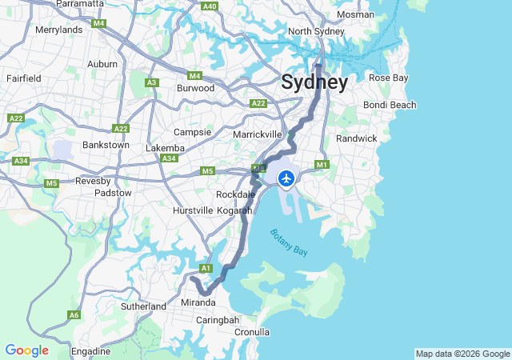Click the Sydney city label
pos(314,83)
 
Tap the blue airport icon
pos(286,178)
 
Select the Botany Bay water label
pos(289,242)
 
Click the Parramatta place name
pos(81,4)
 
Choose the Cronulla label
pos(252,332)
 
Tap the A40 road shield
pos(210,6)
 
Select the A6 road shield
pos(74,315)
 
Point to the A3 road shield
pos(152,82)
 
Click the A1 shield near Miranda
pos(206,268)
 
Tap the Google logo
pos(26,350)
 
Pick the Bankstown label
pos(106,145)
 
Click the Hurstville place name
pos(193,210)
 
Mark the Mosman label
pos(355,14)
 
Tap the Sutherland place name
pos(143,306)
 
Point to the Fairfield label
pos(24,78)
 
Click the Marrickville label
pos(258,134)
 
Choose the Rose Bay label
pos(388,78)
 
